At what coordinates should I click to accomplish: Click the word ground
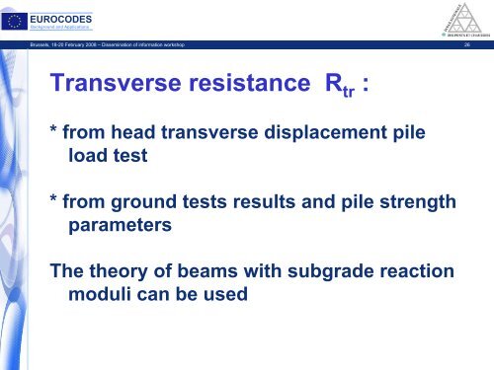[150, 202]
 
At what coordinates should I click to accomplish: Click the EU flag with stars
[18, 15]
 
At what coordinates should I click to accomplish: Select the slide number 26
[479, 44]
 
